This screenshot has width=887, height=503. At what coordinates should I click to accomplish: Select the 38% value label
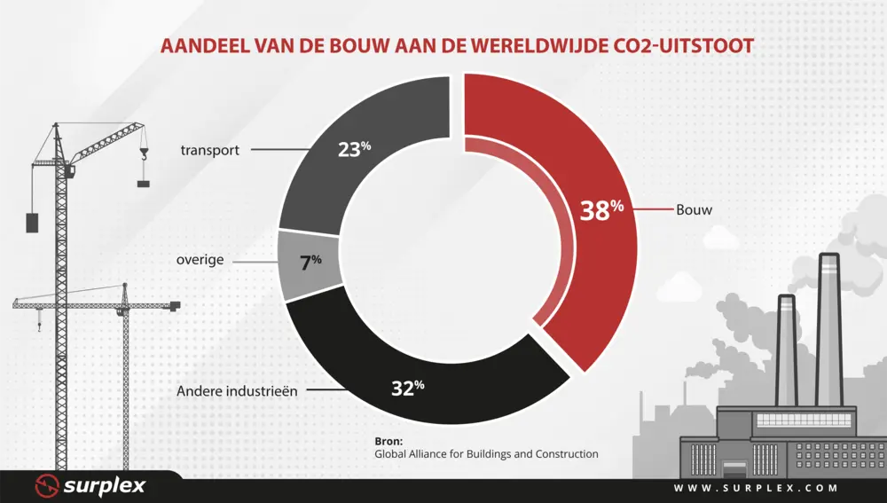602,211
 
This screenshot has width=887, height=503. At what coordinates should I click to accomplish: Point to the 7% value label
310,262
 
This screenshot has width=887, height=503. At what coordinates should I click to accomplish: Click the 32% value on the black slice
407,388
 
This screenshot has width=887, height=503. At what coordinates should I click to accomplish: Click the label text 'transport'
210,150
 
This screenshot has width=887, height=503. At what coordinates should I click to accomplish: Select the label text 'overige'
200,262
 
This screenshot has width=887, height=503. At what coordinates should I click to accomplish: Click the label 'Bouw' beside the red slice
695,211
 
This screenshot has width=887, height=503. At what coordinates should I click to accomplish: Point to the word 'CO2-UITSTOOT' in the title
674,45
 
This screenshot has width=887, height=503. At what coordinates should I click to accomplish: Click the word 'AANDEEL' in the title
202,45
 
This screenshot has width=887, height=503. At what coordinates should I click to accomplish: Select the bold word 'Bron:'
389,440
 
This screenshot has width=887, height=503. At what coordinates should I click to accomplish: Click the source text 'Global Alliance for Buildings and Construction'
486,454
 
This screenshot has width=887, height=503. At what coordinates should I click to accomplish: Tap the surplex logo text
104,486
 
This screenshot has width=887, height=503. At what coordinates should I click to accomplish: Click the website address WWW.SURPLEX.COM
756,488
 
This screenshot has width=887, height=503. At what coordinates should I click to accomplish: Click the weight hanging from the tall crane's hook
143,184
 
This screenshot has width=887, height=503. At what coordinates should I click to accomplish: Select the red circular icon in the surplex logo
47,486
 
